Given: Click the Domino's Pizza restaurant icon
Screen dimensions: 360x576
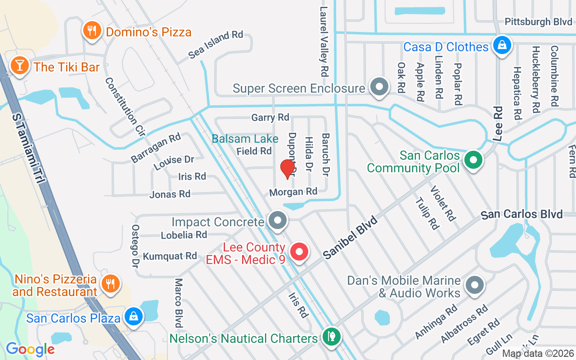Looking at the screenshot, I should click(92, 31).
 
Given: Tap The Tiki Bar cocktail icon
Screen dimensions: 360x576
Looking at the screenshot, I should click(19, 66).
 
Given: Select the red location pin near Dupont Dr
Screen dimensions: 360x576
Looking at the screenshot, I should click(287, 169).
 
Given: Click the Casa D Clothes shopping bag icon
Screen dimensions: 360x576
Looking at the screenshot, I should click(501, 45).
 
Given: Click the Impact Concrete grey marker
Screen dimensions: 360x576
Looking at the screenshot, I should click(278, 220).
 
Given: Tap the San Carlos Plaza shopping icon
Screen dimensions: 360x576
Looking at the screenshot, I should click(134, 316).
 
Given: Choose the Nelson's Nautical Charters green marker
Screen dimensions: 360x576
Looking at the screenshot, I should click(332, 336).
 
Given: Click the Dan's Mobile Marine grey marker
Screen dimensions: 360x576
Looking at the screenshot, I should click(474, 285).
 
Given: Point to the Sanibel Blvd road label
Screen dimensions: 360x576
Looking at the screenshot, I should click(350, 236).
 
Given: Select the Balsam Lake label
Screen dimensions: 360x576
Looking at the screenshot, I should click(245, 139).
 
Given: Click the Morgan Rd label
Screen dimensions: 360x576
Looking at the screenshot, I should click(293, 192).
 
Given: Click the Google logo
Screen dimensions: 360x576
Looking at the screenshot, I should click(30, 349).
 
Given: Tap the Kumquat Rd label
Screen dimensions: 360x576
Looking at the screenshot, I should click(170, 256).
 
